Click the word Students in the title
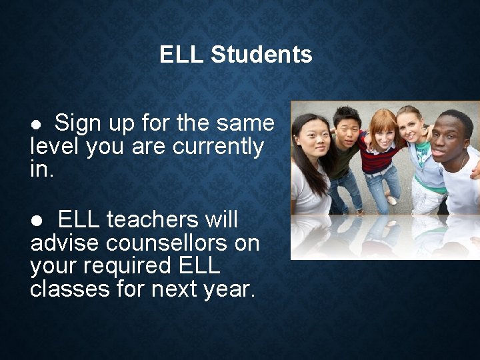(x=261, y=55)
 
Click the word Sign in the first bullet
(x=77, y=123)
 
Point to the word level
(x=51, y=146)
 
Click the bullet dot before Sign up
(x=39, y=125)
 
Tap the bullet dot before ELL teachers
(x=39, y=221)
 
